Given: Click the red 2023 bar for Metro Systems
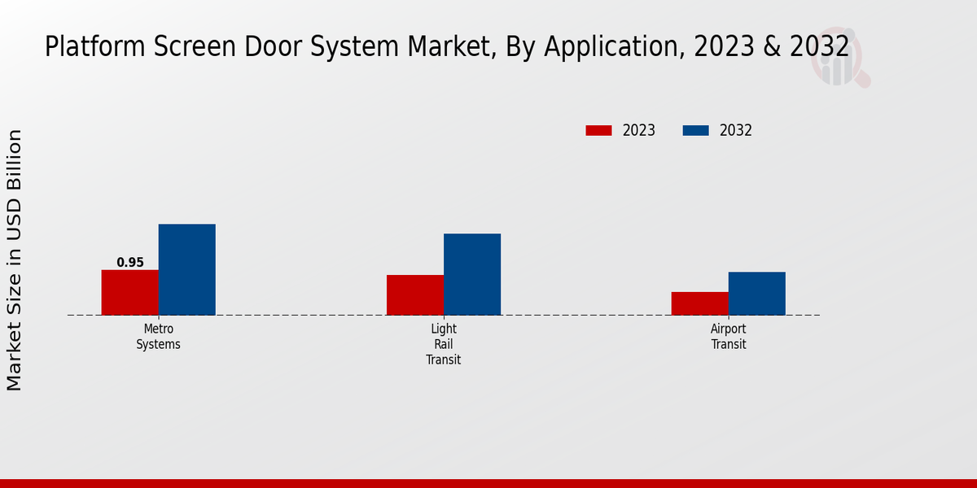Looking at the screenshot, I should [x=129, y=292].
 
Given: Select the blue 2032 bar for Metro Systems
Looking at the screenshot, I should [x=186, y=269].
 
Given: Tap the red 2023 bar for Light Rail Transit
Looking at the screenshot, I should [x=414, y=294].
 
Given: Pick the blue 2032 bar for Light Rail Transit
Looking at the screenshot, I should [x=471, y=274].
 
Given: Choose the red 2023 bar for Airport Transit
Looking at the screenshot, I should [x=699, y=303].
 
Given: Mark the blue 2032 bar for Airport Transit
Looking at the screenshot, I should [x=756, y=293].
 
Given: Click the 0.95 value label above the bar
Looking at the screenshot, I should [x=130, y=263].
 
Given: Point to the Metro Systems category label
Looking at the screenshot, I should [x=158, y=337].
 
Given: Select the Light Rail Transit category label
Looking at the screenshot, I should [x=443, y=344].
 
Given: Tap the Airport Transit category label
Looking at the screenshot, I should [x=728, y=337].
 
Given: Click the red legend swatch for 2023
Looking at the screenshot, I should [x=598, y=130].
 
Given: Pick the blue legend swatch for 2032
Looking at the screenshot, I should [x=695, y=130].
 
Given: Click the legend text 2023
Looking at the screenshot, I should [x=639, y=130].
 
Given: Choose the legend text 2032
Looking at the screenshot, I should [x=736, y=130].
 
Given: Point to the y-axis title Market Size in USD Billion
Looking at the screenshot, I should [x=15, y=259].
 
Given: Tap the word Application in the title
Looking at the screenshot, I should [x=610, y=47].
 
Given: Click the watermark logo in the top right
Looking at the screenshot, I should [x=839, y=59].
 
